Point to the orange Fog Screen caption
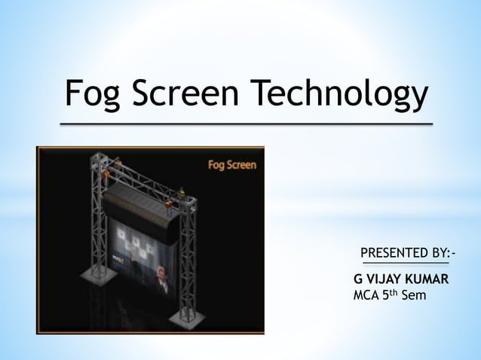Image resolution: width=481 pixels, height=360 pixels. pyautogui.click(x=231, y=164)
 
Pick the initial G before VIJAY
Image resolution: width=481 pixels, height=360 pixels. pyautogui.click(x=357, y=279)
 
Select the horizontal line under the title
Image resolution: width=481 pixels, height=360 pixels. pyautogui.click(x=247, y=123)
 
